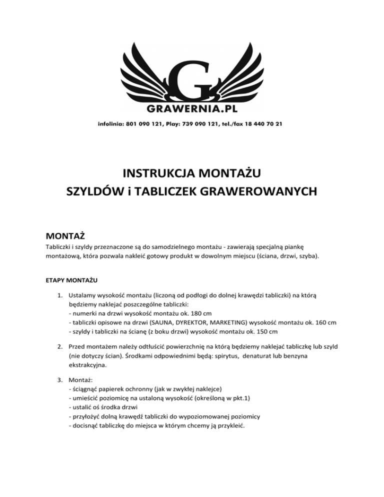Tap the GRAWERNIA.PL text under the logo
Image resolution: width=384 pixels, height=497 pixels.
click(192, 108)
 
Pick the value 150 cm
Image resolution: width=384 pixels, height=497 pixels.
click(270, 330)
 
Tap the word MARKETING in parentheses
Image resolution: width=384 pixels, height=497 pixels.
click(237, 321)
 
